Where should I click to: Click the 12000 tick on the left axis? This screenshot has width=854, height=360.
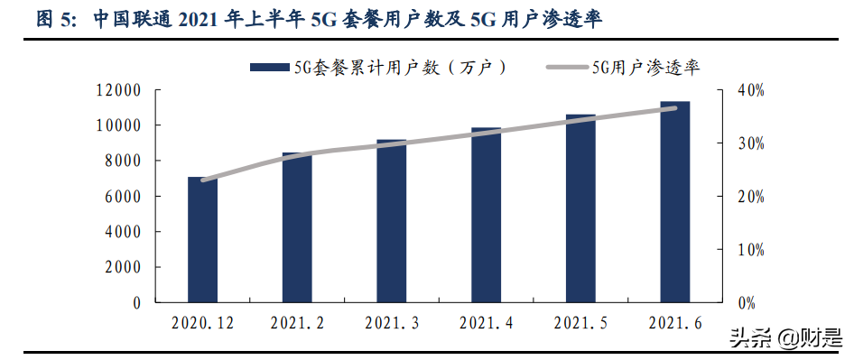click(x=120, y=90)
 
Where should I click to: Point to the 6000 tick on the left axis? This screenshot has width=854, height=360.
click(x=124, y=197)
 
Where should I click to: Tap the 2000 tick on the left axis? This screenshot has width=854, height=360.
click(x=124, y=268)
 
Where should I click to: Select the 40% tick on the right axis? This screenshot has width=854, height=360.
click(x=750, y=90)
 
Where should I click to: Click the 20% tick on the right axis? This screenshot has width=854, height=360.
click(x=750, y=197)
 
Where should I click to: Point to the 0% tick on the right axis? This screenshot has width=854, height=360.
click(x=747, y=303)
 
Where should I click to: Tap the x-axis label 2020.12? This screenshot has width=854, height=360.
click(x=202, y=323)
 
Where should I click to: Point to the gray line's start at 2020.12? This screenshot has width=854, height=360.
click(x=203, y=180)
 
